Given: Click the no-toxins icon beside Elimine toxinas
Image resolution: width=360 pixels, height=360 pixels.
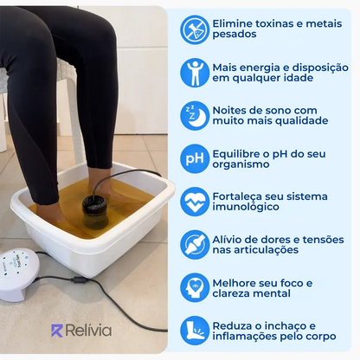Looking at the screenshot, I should coord(195,29).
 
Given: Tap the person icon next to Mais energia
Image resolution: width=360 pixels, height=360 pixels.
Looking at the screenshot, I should coord(195,72).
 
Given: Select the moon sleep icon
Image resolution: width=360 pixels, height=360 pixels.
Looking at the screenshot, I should coord(195,115).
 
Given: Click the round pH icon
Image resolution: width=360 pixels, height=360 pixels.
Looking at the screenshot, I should coord(195,158).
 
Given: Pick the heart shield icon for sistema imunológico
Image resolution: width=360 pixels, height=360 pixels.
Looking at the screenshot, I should coord(195,202).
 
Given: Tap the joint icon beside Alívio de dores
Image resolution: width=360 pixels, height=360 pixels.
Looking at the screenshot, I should coord(195,245).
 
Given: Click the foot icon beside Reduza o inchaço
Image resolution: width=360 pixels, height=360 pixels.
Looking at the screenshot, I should coord(195,331).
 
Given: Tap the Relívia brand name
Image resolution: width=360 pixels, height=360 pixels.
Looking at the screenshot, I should coord(90,331).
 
